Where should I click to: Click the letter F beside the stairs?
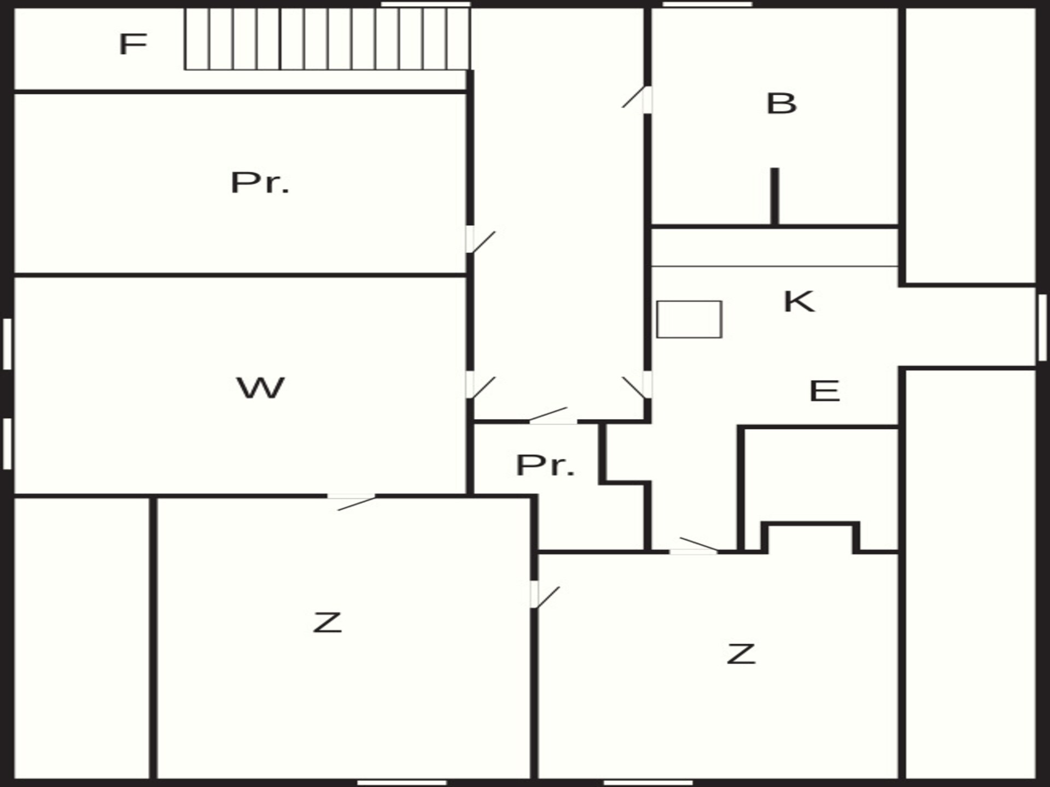click(x=133, y=44)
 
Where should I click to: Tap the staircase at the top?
click(x=327, y=39)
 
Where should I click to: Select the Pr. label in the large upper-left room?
click(x=260, y=183)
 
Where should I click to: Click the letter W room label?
click(x=260, y=387)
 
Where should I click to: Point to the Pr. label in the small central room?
click(x=545, y=465)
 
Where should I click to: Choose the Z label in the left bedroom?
click(x=327, y=622)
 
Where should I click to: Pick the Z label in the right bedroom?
click(x=741, y=654)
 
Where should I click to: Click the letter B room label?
click(x=781, y=103)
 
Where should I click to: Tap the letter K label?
click(x=799, y=301)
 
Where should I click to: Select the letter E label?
click(x=824, y=391)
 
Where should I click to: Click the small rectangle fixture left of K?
click(x=689, y=319)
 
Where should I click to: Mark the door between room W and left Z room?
click(x=352, y=501)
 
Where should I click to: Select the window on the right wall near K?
click(x=1042, y=327)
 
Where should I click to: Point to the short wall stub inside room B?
click(x=774, y=196)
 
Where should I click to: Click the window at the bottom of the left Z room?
click(x=402, y=783)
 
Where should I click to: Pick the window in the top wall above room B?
click(x=708, y=4)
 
